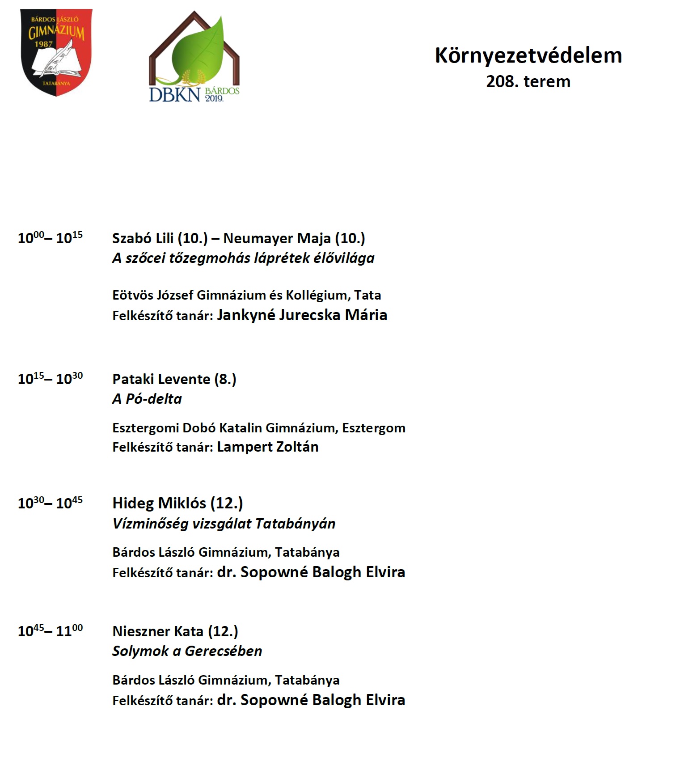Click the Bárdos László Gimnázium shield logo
pyautogui.click(x=56, y=52)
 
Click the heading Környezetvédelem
pyautogui.click(x=528, y=56)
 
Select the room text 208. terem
pyautogui.click(x=528, y=82)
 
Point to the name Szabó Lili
pyautogui.click(x=143, y=238)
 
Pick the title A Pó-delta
pyautogui.click(x=147, y=399)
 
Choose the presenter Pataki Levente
pyautogui.click(x=161, y=379)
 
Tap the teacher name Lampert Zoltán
pyautogui.click(x=267, y=447)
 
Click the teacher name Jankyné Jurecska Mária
pyautogui.click(x=302, y=315)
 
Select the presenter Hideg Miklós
pyautogui.click(x=159, y=503)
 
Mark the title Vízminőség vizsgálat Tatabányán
pyautogui.click(x=224, y=524)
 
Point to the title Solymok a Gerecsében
pyautogui.click(x=187, y=651)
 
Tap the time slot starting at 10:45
pyautogui.click(x=50, y=631)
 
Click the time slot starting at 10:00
pyautogui.click(x=50, y=237)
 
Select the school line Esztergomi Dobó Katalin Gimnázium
pyautogui.click(x=259, y=428)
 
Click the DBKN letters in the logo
pyautogui.click(x=174, y=94)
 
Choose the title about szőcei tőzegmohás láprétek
pyautogui.click(x=243, y=258)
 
